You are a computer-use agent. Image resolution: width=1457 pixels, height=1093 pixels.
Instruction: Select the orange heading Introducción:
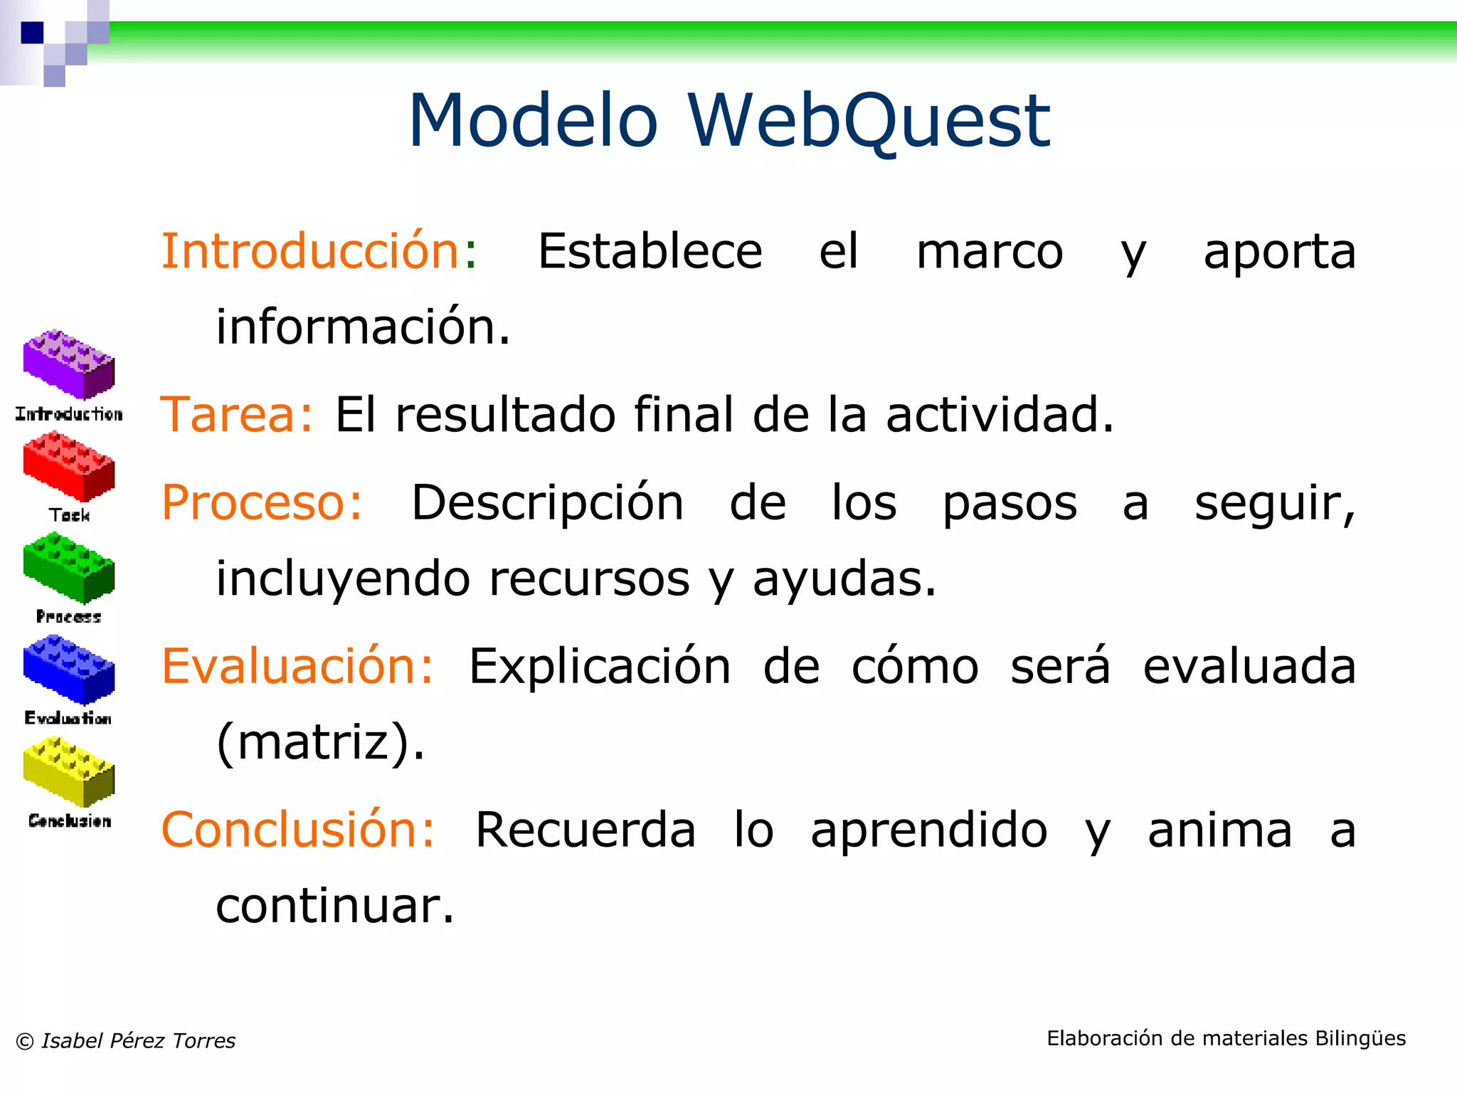(319, 251)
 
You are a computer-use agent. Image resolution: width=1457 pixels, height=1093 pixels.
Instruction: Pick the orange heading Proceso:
(262, 503)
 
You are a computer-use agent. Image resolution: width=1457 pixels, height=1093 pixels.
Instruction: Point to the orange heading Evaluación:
(297, 667)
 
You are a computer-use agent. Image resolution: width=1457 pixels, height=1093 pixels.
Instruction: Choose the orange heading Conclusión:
(298, 830)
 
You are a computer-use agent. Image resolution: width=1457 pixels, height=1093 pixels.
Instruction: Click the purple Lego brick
(68, 364)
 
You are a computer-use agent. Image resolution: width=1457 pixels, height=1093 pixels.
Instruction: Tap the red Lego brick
(68, 467)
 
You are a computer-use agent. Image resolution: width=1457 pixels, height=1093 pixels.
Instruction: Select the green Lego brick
(68, 568)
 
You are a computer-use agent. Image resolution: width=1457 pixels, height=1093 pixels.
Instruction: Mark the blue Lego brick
(68, 670)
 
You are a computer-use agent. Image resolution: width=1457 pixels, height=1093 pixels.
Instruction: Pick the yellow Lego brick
(68, 771)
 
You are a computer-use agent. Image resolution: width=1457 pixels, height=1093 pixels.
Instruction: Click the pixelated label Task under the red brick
(69, 514)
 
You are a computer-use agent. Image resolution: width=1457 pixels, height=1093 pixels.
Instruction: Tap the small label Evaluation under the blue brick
(68, 718)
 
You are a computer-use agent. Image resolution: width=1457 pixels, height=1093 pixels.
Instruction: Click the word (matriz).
(320, 742)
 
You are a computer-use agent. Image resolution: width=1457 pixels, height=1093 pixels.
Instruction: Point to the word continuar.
(334, 906)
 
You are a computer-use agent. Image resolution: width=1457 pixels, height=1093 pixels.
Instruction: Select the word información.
(363, 327)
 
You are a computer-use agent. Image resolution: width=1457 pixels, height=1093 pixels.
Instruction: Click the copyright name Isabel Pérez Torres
(138, 1040)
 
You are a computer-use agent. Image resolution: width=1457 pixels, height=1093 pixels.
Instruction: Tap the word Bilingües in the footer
(1360, 1038)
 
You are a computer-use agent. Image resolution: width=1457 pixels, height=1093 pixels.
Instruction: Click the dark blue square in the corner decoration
(32, 33)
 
